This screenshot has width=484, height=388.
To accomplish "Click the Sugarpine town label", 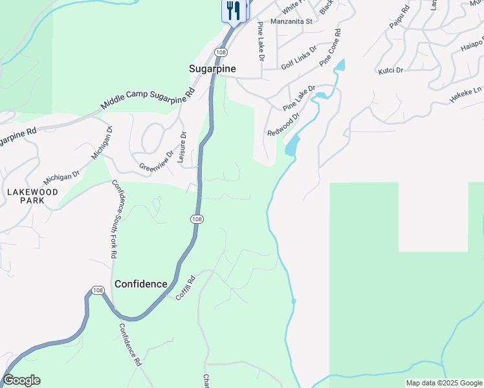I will coord(212,68).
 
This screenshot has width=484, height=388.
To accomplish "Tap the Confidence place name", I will coord(141,284).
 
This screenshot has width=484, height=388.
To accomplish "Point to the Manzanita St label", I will coord(291,21).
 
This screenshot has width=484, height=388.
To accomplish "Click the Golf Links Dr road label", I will coord(299,58).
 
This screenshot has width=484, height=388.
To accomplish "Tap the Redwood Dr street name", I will coord(283,124).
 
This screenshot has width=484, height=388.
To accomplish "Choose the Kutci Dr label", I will coord(390,70).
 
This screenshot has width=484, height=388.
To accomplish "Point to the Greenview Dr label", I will coord(157,161).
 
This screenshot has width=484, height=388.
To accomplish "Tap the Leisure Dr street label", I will coord(183,147).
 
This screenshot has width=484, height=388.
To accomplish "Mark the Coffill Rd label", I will coord(185,288).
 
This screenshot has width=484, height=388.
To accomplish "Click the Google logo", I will coord(21,380).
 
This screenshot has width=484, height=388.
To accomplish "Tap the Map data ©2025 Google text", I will coord(444,383).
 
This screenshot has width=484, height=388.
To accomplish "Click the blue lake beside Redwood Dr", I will coord(292,144).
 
